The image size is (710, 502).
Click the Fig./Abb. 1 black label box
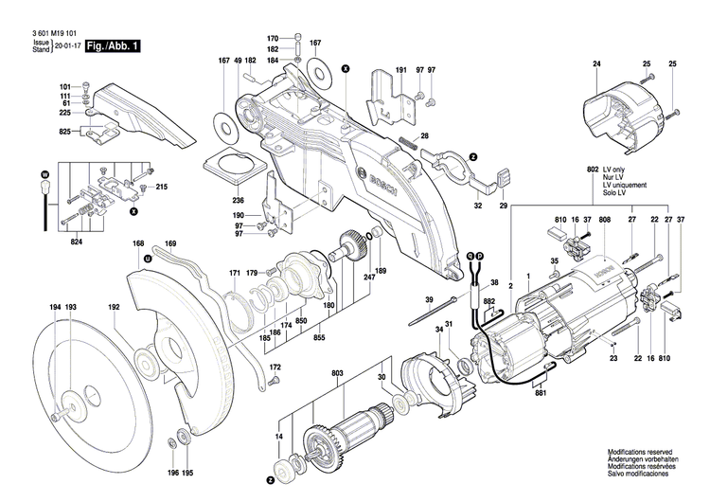click(113, 45)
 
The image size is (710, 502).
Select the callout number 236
click(239, 200)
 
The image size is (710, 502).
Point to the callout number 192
click(114, 308)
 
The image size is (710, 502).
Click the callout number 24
click(596, 63)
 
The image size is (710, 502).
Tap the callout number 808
click(604, 221)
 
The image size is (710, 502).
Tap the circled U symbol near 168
click(147, 258)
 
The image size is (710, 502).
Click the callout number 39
click(429, 299)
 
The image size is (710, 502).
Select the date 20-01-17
click(67, 45)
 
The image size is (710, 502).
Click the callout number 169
click(170, 244)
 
